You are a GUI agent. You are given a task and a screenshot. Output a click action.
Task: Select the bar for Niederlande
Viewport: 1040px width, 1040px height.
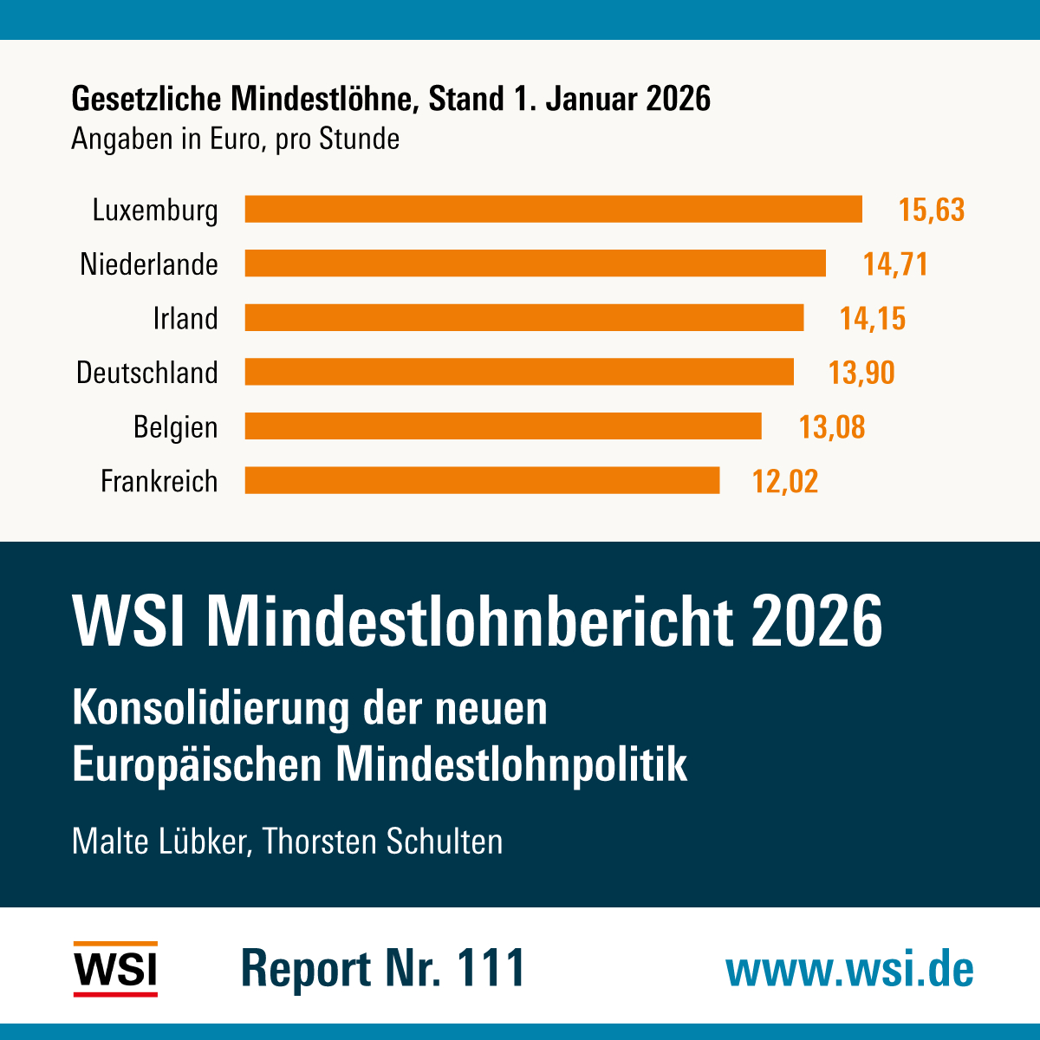535,263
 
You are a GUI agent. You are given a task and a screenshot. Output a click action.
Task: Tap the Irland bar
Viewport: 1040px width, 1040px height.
524,317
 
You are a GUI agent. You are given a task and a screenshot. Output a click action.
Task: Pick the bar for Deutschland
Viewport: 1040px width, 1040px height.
519,372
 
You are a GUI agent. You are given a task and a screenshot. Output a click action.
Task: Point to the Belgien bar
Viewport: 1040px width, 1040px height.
503,426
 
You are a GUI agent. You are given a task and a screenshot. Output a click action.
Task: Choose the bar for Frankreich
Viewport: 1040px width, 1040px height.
482,480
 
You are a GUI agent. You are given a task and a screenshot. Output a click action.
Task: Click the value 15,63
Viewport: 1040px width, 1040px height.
932,210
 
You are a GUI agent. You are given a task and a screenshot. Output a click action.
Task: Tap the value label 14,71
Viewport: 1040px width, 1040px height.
895,264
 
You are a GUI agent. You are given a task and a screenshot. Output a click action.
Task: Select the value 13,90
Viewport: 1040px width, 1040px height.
861,373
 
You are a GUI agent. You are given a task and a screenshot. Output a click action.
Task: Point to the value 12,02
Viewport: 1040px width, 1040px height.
785,481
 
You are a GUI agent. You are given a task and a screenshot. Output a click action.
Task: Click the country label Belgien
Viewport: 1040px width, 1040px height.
175,427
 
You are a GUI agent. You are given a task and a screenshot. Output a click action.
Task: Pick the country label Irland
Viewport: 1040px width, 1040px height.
185,318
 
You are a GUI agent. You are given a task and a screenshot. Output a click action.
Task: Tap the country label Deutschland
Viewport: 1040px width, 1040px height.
147,373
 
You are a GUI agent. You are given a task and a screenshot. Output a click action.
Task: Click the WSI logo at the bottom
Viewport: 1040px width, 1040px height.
115,969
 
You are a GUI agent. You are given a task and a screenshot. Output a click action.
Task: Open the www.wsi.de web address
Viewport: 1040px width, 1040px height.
849,969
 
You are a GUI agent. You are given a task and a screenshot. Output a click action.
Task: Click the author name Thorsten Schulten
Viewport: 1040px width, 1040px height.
382,842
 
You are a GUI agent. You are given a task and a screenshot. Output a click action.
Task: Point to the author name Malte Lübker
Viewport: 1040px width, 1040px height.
159,842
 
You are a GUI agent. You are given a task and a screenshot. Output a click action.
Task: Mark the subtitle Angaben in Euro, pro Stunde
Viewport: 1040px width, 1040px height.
235,139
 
